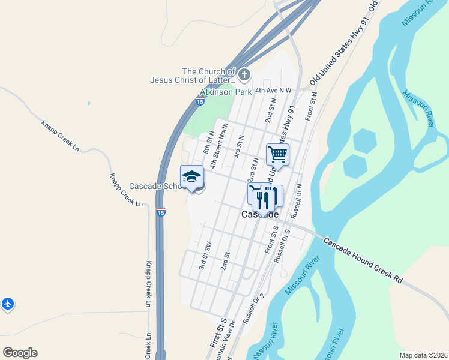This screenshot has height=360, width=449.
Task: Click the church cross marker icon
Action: coord(244,75)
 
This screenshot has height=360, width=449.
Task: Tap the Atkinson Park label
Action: coord(226,93)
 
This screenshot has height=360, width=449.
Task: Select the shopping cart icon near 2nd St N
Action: coord(277,154)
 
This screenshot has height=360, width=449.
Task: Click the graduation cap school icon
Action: coord(191,176)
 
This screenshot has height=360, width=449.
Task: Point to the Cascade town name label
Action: coord(260,214)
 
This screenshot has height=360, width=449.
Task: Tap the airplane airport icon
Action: coord(8,304)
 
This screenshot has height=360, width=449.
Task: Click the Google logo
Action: coord(20,353)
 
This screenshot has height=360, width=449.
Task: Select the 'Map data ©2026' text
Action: coord(423,355)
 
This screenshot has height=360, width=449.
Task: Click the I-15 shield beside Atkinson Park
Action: coord(199,102)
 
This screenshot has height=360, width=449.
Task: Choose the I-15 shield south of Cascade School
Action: coord(160,212)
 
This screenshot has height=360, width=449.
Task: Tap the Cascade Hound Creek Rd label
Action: coord(363,260)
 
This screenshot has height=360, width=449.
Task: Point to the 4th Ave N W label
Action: coord(273,90)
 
